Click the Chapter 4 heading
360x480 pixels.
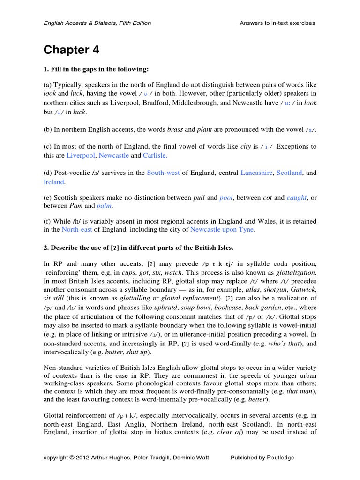tap(71, 50)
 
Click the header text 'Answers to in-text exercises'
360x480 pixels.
tap(277, 23)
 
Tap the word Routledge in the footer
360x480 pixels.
tap(280, 457)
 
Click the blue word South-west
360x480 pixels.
tap(163, 173)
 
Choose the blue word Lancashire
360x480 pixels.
tap(256, 173)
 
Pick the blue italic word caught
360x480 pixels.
tap(296, 198)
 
